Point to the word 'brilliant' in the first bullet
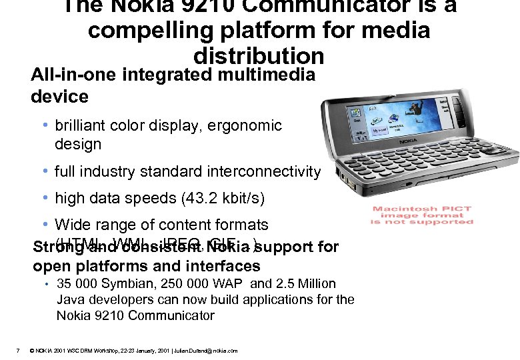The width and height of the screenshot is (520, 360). (x=81, y=125)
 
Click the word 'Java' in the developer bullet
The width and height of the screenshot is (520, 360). (x=70, y=299)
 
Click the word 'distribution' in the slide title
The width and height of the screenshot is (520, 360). (x=259, y=56)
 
